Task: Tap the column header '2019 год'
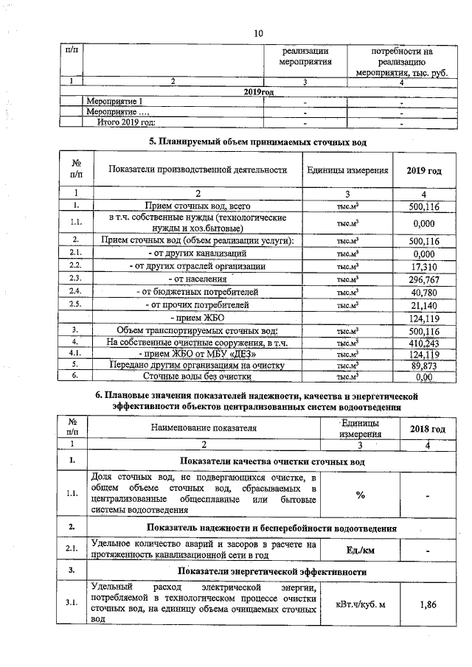tap(424, 170)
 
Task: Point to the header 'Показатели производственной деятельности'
tap(197, 170)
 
